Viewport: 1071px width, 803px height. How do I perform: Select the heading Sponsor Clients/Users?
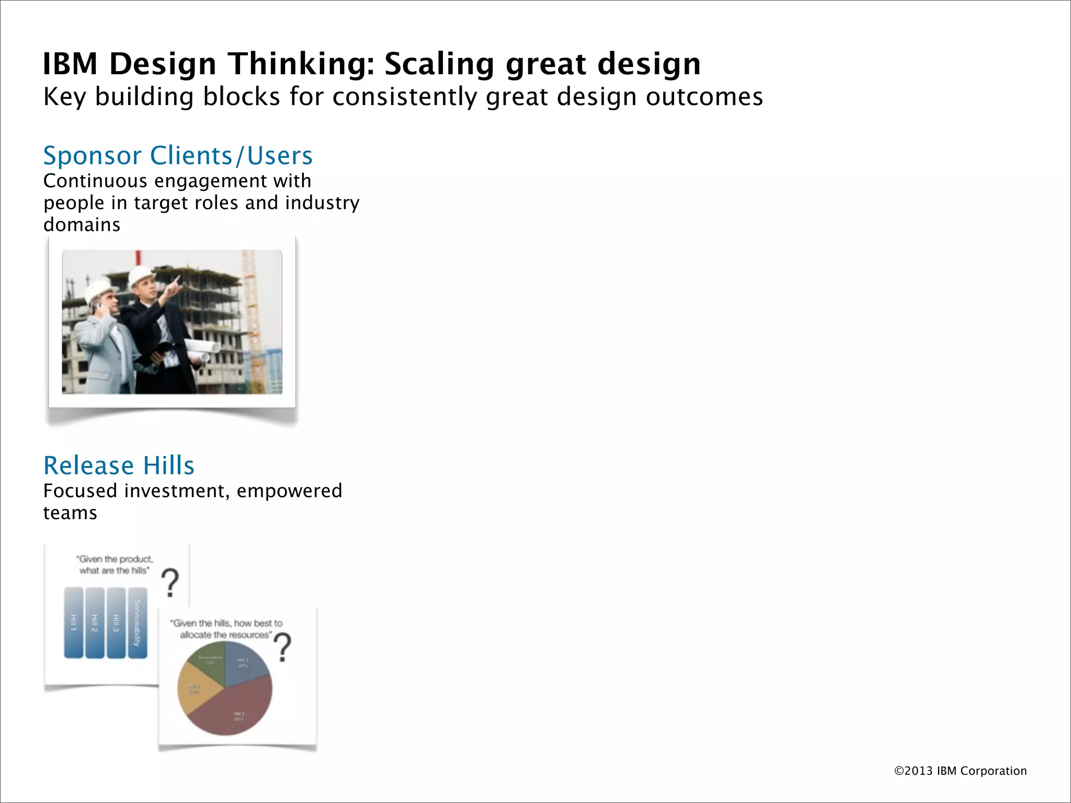point(178,156)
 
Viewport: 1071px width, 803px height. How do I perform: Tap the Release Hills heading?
point(119,465)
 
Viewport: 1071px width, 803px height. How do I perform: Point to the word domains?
point(82,225)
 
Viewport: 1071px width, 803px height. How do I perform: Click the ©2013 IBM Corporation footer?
point(960,771)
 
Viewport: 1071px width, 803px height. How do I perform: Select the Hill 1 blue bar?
point(74,622)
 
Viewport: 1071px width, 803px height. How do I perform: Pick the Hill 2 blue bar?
point(95,622)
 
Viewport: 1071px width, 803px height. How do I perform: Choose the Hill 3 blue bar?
point(116,622)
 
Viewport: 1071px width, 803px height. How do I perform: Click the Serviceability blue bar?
point(138,622)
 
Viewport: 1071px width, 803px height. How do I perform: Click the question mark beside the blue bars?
point(170,582)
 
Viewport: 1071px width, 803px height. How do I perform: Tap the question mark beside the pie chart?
point(283,647)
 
